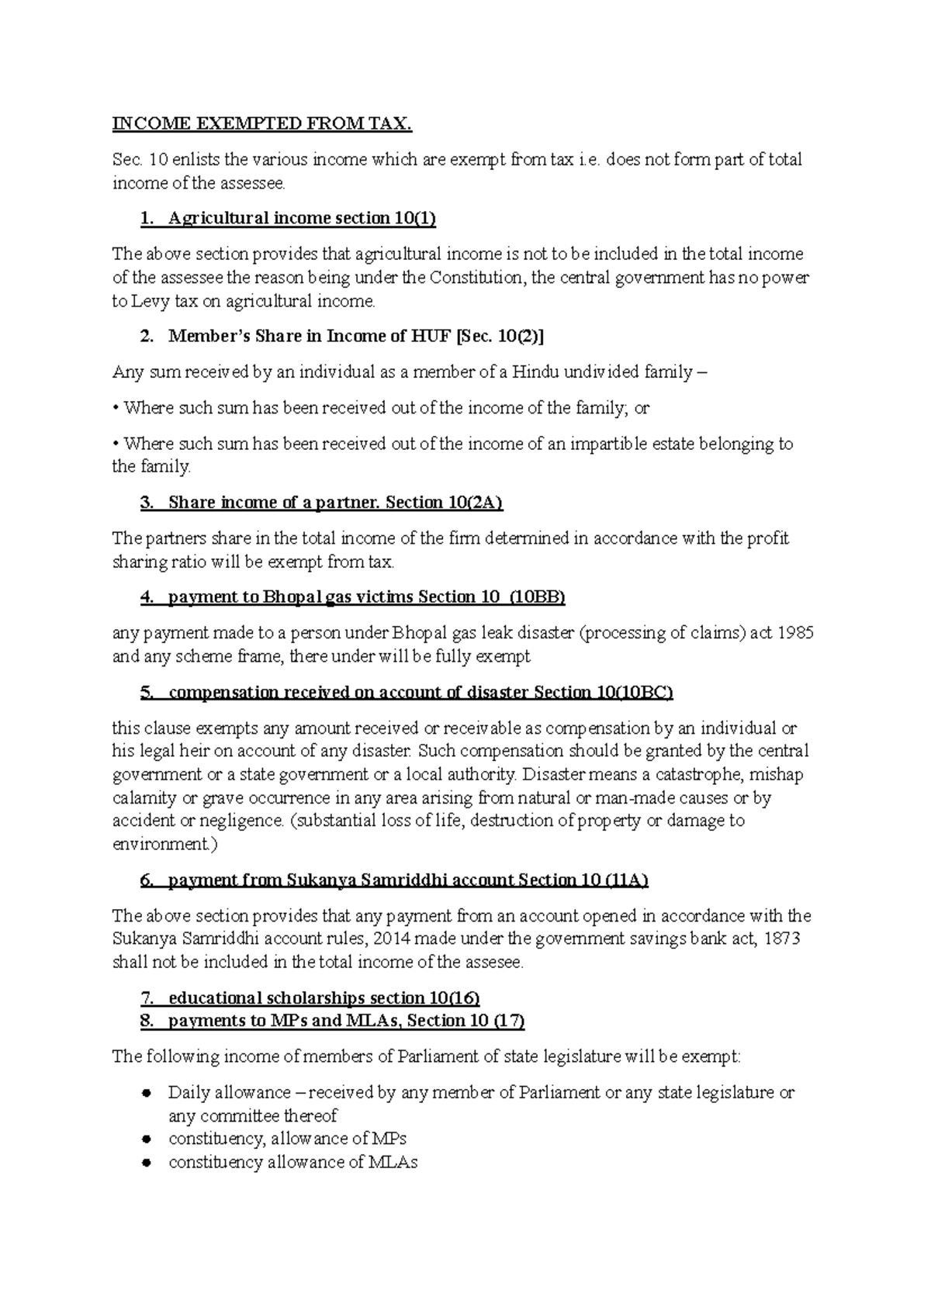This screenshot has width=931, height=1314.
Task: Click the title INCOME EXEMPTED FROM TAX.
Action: pos(262,124)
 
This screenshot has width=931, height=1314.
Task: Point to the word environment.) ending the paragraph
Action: pos(161,845)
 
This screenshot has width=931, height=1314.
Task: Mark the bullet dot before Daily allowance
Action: pos(146,1093)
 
